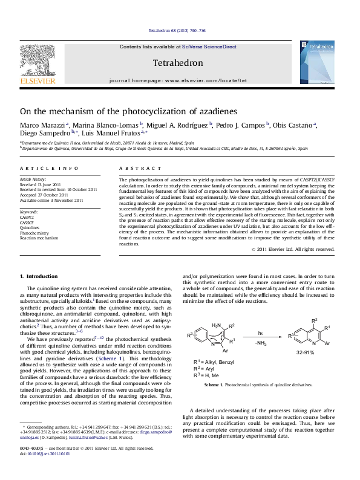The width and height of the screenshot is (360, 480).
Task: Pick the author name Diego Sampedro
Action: pyautogui.click(x=44, y=134)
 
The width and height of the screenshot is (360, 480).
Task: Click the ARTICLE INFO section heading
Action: pyautogui.click(x=38, y=167)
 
